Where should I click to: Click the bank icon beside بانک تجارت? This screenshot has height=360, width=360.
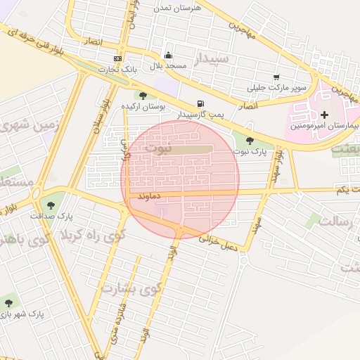(117, 58)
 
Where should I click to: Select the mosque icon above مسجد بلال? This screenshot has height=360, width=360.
(168, 56)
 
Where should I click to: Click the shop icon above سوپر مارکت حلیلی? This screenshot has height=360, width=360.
(276, 77)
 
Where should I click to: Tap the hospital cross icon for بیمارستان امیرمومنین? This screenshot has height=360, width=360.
(324, 115)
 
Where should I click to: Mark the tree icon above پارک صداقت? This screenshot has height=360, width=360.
(53, 204)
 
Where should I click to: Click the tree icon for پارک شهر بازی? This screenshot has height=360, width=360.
(9, 303)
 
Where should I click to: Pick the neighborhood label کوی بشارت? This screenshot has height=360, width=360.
(131, 288)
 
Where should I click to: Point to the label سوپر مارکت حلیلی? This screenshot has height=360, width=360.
(276, 89)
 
